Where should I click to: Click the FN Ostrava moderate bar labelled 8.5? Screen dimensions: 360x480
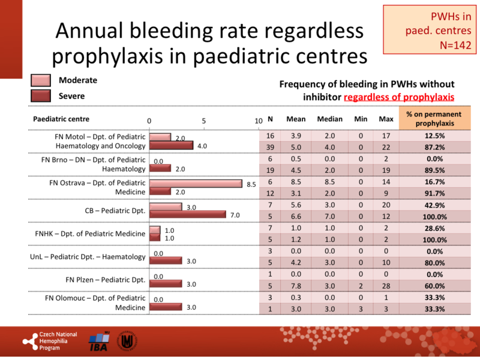(x=195, y=183)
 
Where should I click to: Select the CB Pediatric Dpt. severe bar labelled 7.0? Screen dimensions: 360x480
(x=187, y=214)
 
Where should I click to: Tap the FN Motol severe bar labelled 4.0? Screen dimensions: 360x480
(x=171, y=145)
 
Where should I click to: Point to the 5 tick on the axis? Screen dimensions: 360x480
(x=204, y=121)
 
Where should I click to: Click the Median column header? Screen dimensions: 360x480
(x=329, y=119)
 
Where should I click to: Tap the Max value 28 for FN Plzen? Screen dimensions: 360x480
(x=386, y=286)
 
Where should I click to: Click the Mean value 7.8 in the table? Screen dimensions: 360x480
(x=295, y=286)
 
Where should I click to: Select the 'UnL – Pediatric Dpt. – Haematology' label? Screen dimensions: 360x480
(x=88, y=257)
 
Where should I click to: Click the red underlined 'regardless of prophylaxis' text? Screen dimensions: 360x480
(x=399, y=97)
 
